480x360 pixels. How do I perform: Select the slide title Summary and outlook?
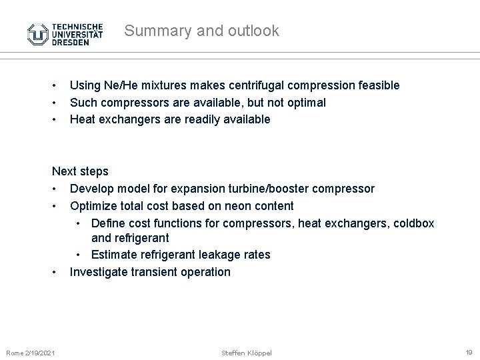tap(201, 31)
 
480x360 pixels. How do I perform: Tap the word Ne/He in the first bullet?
tap(121, 85)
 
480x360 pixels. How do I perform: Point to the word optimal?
tap(305, 103)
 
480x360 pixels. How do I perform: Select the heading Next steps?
tap(80, 171)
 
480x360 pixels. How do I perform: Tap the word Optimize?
tap(93, 206)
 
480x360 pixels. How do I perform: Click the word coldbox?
tap(413, 223)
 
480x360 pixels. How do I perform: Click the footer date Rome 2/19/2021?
tap(31, 352)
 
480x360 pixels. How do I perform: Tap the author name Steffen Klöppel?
tap(246, 352)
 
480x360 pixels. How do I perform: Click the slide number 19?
tap(469, 352)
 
